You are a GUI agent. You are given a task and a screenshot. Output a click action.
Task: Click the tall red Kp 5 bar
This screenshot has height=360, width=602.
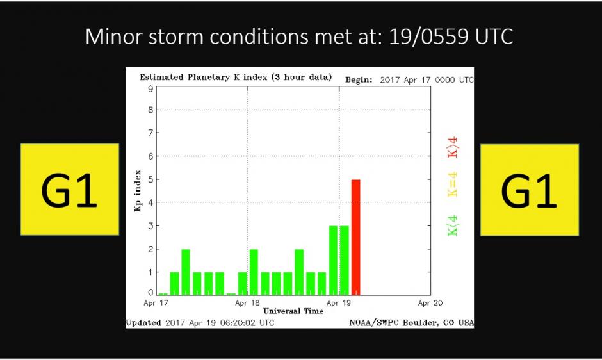click(355, 237)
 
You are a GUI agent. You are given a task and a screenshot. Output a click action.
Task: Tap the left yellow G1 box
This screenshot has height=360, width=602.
click(70, 189)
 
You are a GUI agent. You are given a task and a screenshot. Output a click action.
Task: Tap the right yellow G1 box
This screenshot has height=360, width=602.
click(530, 189)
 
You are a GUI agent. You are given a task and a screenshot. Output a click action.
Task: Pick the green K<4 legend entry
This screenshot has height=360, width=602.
click(453, 225)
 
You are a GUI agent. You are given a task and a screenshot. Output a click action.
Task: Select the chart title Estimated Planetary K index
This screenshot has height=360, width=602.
click(236, 78)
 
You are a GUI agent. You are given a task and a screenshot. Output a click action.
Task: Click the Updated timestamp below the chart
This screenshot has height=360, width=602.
click(200, 323)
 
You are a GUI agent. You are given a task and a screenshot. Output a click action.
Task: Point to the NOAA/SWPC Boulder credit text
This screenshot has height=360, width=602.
click(412, 323)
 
